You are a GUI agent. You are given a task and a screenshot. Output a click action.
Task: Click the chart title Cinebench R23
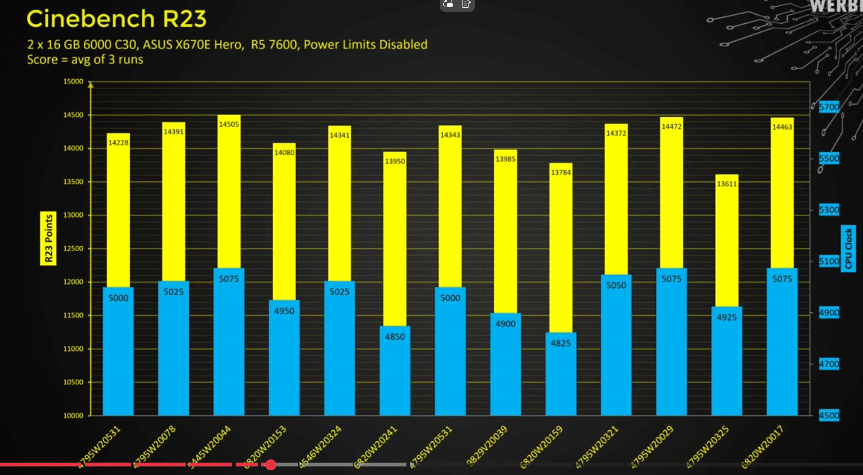click(116, 19)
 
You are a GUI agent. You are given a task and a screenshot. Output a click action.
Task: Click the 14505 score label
click(229, 124)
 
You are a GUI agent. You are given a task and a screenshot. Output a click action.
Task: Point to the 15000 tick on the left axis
click(73, 82)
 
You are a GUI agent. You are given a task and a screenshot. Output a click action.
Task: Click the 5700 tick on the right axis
click(829, 107)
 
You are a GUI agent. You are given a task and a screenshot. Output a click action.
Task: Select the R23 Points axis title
click(48, 238)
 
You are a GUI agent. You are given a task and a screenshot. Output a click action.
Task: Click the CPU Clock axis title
click(848, 249)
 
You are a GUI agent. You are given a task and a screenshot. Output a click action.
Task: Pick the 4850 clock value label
click(395, 337)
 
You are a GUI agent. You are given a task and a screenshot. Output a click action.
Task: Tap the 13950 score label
click(395, 161)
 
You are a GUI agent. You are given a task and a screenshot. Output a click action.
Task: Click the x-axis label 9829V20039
click(487, 445)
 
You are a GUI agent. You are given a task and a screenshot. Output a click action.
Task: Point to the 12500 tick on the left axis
click(73, 249)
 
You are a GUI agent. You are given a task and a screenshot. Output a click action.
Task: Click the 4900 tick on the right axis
click(829, 313)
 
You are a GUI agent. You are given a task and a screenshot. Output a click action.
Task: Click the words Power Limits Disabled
click(365, 45)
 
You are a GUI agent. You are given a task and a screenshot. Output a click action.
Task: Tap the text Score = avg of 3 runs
click(85, 60)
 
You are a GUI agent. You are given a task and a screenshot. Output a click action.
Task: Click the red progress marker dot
click(271, 465)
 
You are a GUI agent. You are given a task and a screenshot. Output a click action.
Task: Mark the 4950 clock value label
click(284, 311)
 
